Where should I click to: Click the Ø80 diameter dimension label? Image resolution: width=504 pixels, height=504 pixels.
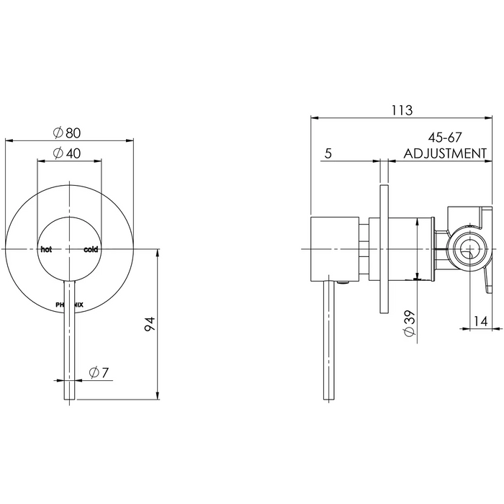point(67,132)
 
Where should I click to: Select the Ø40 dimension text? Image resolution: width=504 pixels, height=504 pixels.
point(67,153)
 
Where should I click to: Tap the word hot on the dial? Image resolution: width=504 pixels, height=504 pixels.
point(46,249)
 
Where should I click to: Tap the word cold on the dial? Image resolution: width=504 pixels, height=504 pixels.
point(91,249)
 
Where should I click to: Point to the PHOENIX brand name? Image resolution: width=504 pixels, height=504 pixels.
point(69,305)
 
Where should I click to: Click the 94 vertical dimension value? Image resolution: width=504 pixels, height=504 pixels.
point(150,324)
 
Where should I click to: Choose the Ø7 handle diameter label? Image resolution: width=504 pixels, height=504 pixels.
point(99,372)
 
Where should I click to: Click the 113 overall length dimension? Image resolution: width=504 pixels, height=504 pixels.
point(402,110)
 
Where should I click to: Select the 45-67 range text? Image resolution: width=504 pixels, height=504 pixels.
point(444,138)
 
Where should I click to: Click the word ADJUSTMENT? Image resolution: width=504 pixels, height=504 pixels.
point(445,153)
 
